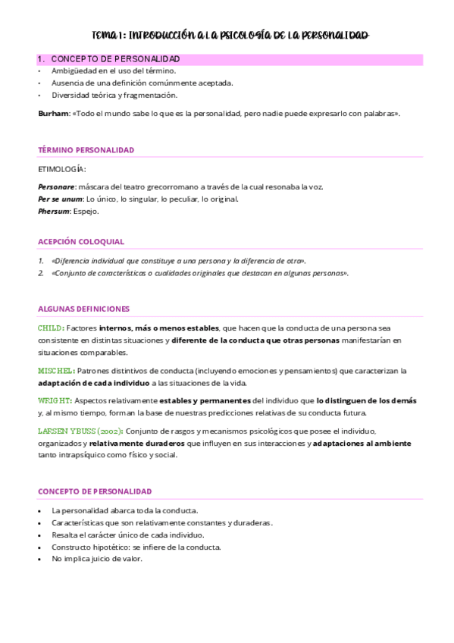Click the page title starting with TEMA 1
click(x=230, y=36)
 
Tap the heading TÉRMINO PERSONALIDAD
click(x=86, y=150)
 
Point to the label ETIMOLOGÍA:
click(x=62, y=169)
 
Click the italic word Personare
click(x=57, y=187)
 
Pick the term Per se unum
click(x=60, y=199)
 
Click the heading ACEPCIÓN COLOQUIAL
click(x=80, y=242)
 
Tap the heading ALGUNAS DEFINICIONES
click(x=83, y=309)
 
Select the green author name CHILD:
click(x=52, y=328)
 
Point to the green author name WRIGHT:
click(x=55, y=400)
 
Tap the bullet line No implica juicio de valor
click(x=97, y=559)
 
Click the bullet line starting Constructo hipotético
click(x=136, y=547)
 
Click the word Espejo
click(x=86, y=212)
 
